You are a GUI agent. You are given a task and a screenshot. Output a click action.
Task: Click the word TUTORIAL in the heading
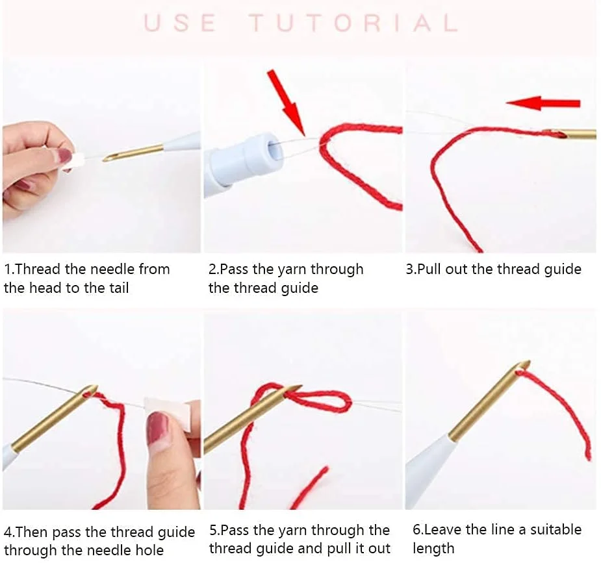tap(353, 23)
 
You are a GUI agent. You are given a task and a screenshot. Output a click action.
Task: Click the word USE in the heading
tap(180, 23)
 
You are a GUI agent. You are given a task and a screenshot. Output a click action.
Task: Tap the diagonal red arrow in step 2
tap(287, 103)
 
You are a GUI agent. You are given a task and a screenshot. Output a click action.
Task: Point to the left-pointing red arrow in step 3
tap(543, 103)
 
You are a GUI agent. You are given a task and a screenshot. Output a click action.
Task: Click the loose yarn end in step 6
tap(587, 456)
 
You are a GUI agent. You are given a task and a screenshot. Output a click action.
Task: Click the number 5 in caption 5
tap(212, 531)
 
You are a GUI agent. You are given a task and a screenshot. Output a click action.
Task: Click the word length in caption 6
tap(433, 549)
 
